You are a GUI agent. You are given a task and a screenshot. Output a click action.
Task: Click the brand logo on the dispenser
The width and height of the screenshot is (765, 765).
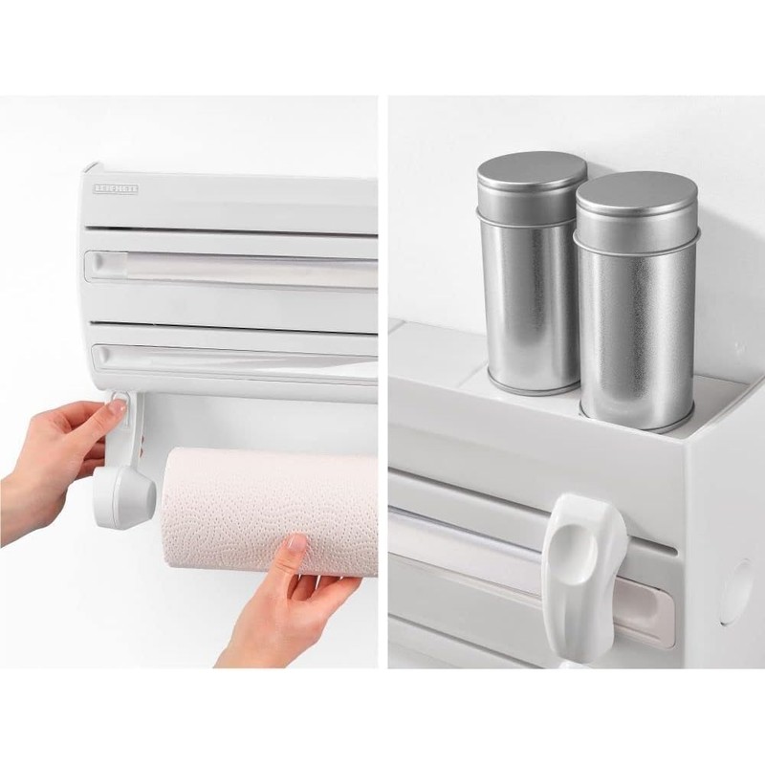(x=116, y=188)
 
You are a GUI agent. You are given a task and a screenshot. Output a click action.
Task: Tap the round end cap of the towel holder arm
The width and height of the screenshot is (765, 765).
(x=123, y=496)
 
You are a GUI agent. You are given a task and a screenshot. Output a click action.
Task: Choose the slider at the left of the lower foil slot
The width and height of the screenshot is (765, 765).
(x=103, y=356)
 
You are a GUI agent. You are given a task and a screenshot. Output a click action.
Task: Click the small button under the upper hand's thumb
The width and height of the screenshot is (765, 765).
(x=122, y=420)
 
